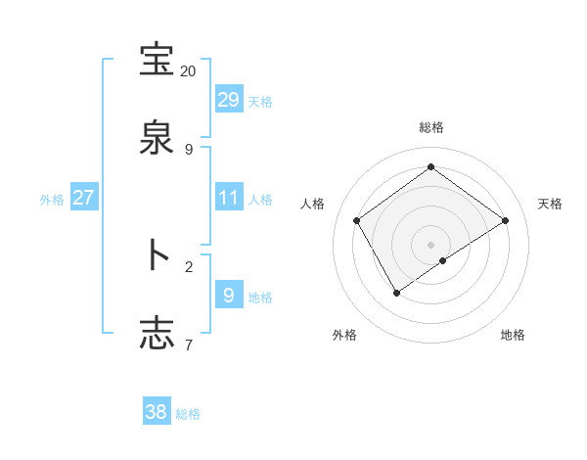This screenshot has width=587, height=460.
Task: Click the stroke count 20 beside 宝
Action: click(x=188, y=71)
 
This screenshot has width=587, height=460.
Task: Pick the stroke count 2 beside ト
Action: click(x=189, y=265)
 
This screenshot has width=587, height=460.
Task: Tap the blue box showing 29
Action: click(x=228, y=100)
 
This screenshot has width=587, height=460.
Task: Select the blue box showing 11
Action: click(x=228, y=198)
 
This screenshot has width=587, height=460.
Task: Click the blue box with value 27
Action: click(x=83, y=198)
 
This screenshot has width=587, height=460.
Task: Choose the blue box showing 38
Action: click(x=157, y=412)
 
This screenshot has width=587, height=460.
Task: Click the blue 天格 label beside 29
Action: click(x=260, y=101)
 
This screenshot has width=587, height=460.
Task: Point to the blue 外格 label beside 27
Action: click(x=52, y=199)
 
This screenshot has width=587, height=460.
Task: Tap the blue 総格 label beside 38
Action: click(x=188, y=413)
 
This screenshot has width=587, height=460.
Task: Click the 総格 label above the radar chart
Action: click(x=430, y=127)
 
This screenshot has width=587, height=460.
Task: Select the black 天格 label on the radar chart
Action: click(x=550, y=204)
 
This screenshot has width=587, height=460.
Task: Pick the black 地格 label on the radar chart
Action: click(x=513, y=335)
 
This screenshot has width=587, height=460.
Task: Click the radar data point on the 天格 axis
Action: click(x=505, y=220)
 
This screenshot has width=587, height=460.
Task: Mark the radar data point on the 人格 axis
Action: click(x=357, y=220)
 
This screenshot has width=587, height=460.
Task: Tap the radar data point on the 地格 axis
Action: click(x=443, y=260)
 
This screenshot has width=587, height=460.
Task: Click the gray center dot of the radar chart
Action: click(x=430, y=244)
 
